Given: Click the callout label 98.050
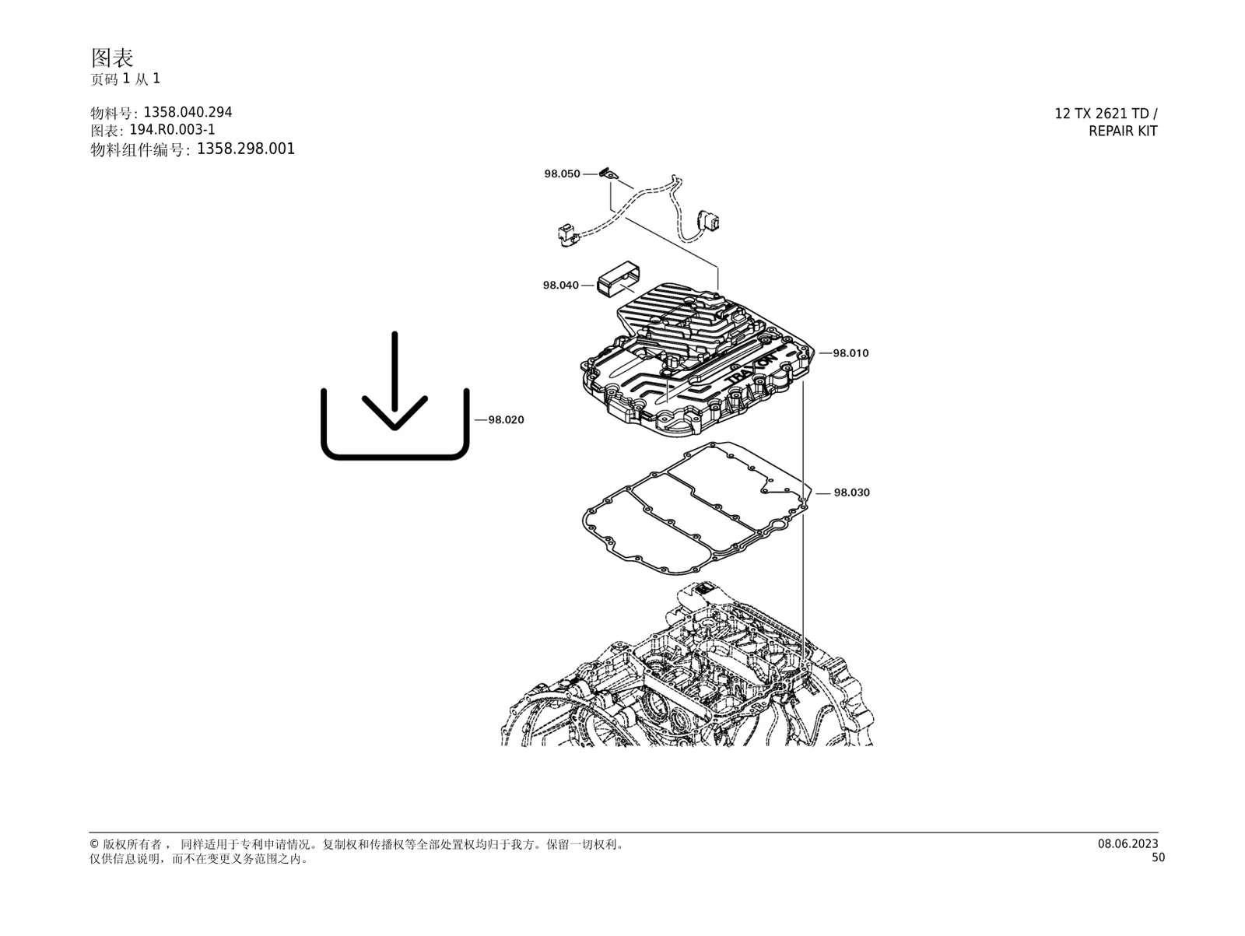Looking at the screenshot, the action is tap(562, 174).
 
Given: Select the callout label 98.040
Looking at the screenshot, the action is tap(561, 286).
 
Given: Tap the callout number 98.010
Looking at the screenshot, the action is tap(850, 353).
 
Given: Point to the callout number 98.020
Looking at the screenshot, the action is tap(506, 420).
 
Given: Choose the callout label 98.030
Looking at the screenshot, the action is tap(851, 493).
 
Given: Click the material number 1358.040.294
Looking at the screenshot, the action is tap(188, 112).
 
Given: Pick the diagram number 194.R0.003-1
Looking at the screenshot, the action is tap(173, 130).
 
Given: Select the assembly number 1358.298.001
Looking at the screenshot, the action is tap(246, 149).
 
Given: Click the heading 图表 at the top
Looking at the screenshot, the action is tap(112, 58).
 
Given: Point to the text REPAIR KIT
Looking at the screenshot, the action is tap(1123, 131).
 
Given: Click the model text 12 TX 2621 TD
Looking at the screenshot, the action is tap(1102, 114).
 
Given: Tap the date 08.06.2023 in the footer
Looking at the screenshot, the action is tap(1128, 843).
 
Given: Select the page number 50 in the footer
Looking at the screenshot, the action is tap(1158, 857).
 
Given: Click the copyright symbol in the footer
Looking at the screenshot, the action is tap(94, 844).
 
